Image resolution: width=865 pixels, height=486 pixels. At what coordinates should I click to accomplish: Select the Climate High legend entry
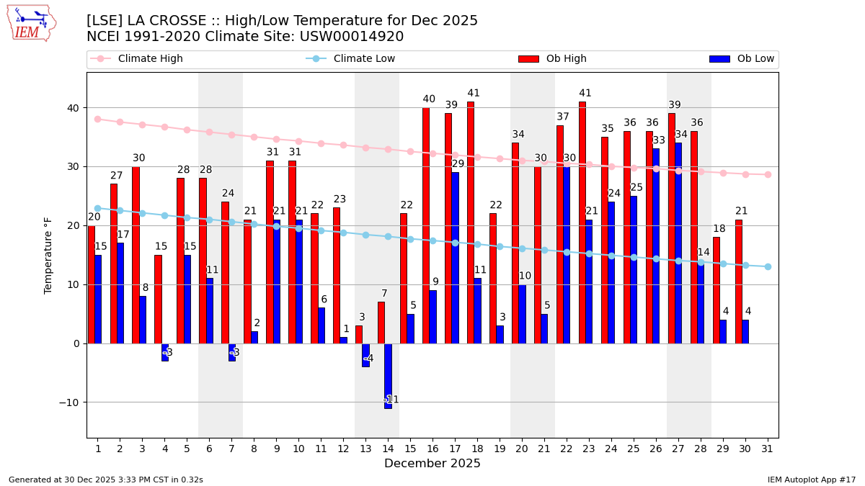tap(150, 59)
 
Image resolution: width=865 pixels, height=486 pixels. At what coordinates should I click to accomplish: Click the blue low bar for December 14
tap(388, 376)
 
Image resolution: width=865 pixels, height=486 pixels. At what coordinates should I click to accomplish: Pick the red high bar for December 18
tap(471, 222)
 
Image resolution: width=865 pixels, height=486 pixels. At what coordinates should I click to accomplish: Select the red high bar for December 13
tap(359, 335)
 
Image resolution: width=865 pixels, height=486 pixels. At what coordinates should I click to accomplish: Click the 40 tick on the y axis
tap(73, 108)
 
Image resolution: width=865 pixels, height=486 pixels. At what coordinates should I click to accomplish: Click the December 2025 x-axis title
tap(432, 464)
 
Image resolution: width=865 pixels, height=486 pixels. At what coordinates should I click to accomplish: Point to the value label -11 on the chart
tap(391, 400)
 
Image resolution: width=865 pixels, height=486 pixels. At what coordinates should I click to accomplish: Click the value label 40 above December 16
tap(429, 99)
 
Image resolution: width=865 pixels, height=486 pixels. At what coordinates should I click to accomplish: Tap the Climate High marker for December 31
tap(768, 174)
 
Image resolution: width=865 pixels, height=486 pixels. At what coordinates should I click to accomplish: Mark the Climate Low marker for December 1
tap(98, 208)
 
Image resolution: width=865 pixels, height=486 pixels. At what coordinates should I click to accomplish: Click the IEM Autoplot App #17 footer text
tap(811, 480)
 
